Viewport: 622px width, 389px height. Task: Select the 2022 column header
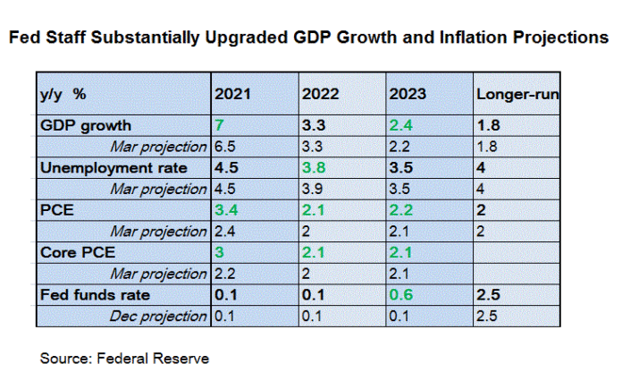pos(320,94)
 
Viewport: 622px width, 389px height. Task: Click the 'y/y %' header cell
pos(63,94)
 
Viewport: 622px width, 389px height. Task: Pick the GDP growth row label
pos(85,125)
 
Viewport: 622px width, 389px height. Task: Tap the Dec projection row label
pos(157,316)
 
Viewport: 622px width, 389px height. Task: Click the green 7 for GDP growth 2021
pos(218,125)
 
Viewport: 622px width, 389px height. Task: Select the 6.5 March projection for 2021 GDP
pos(224,146)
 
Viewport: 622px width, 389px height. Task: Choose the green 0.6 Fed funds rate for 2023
pos(399,294)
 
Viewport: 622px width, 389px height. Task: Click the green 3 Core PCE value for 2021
pos(218,252)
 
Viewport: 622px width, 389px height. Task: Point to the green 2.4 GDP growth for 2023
pos(399,125)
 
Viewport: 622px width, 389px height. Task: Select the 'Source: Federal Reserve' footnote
pos(124,359)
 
